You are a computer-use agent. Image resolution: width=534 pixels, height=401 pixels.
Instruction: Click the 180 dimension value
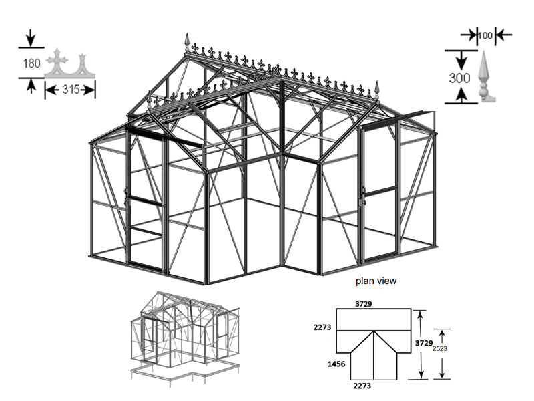pyautogui.click(x=31, y=63)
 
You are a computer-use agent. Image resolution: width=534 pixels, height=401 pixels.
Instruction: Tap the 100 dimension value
pyautogui.click(x=486, y=34)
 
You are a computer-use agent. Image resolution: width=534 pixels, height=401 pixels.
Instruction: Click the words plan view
pyautogui.click(x=376, y=281)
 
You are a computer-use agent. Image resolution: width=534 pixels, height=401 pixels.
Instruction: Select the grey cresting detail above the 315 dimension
pyautogui.click(x=69, y=65)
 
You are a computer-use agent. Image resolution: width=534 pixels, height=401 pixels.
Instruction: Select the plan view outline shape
pyautogui.click(x=372, y=344)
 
